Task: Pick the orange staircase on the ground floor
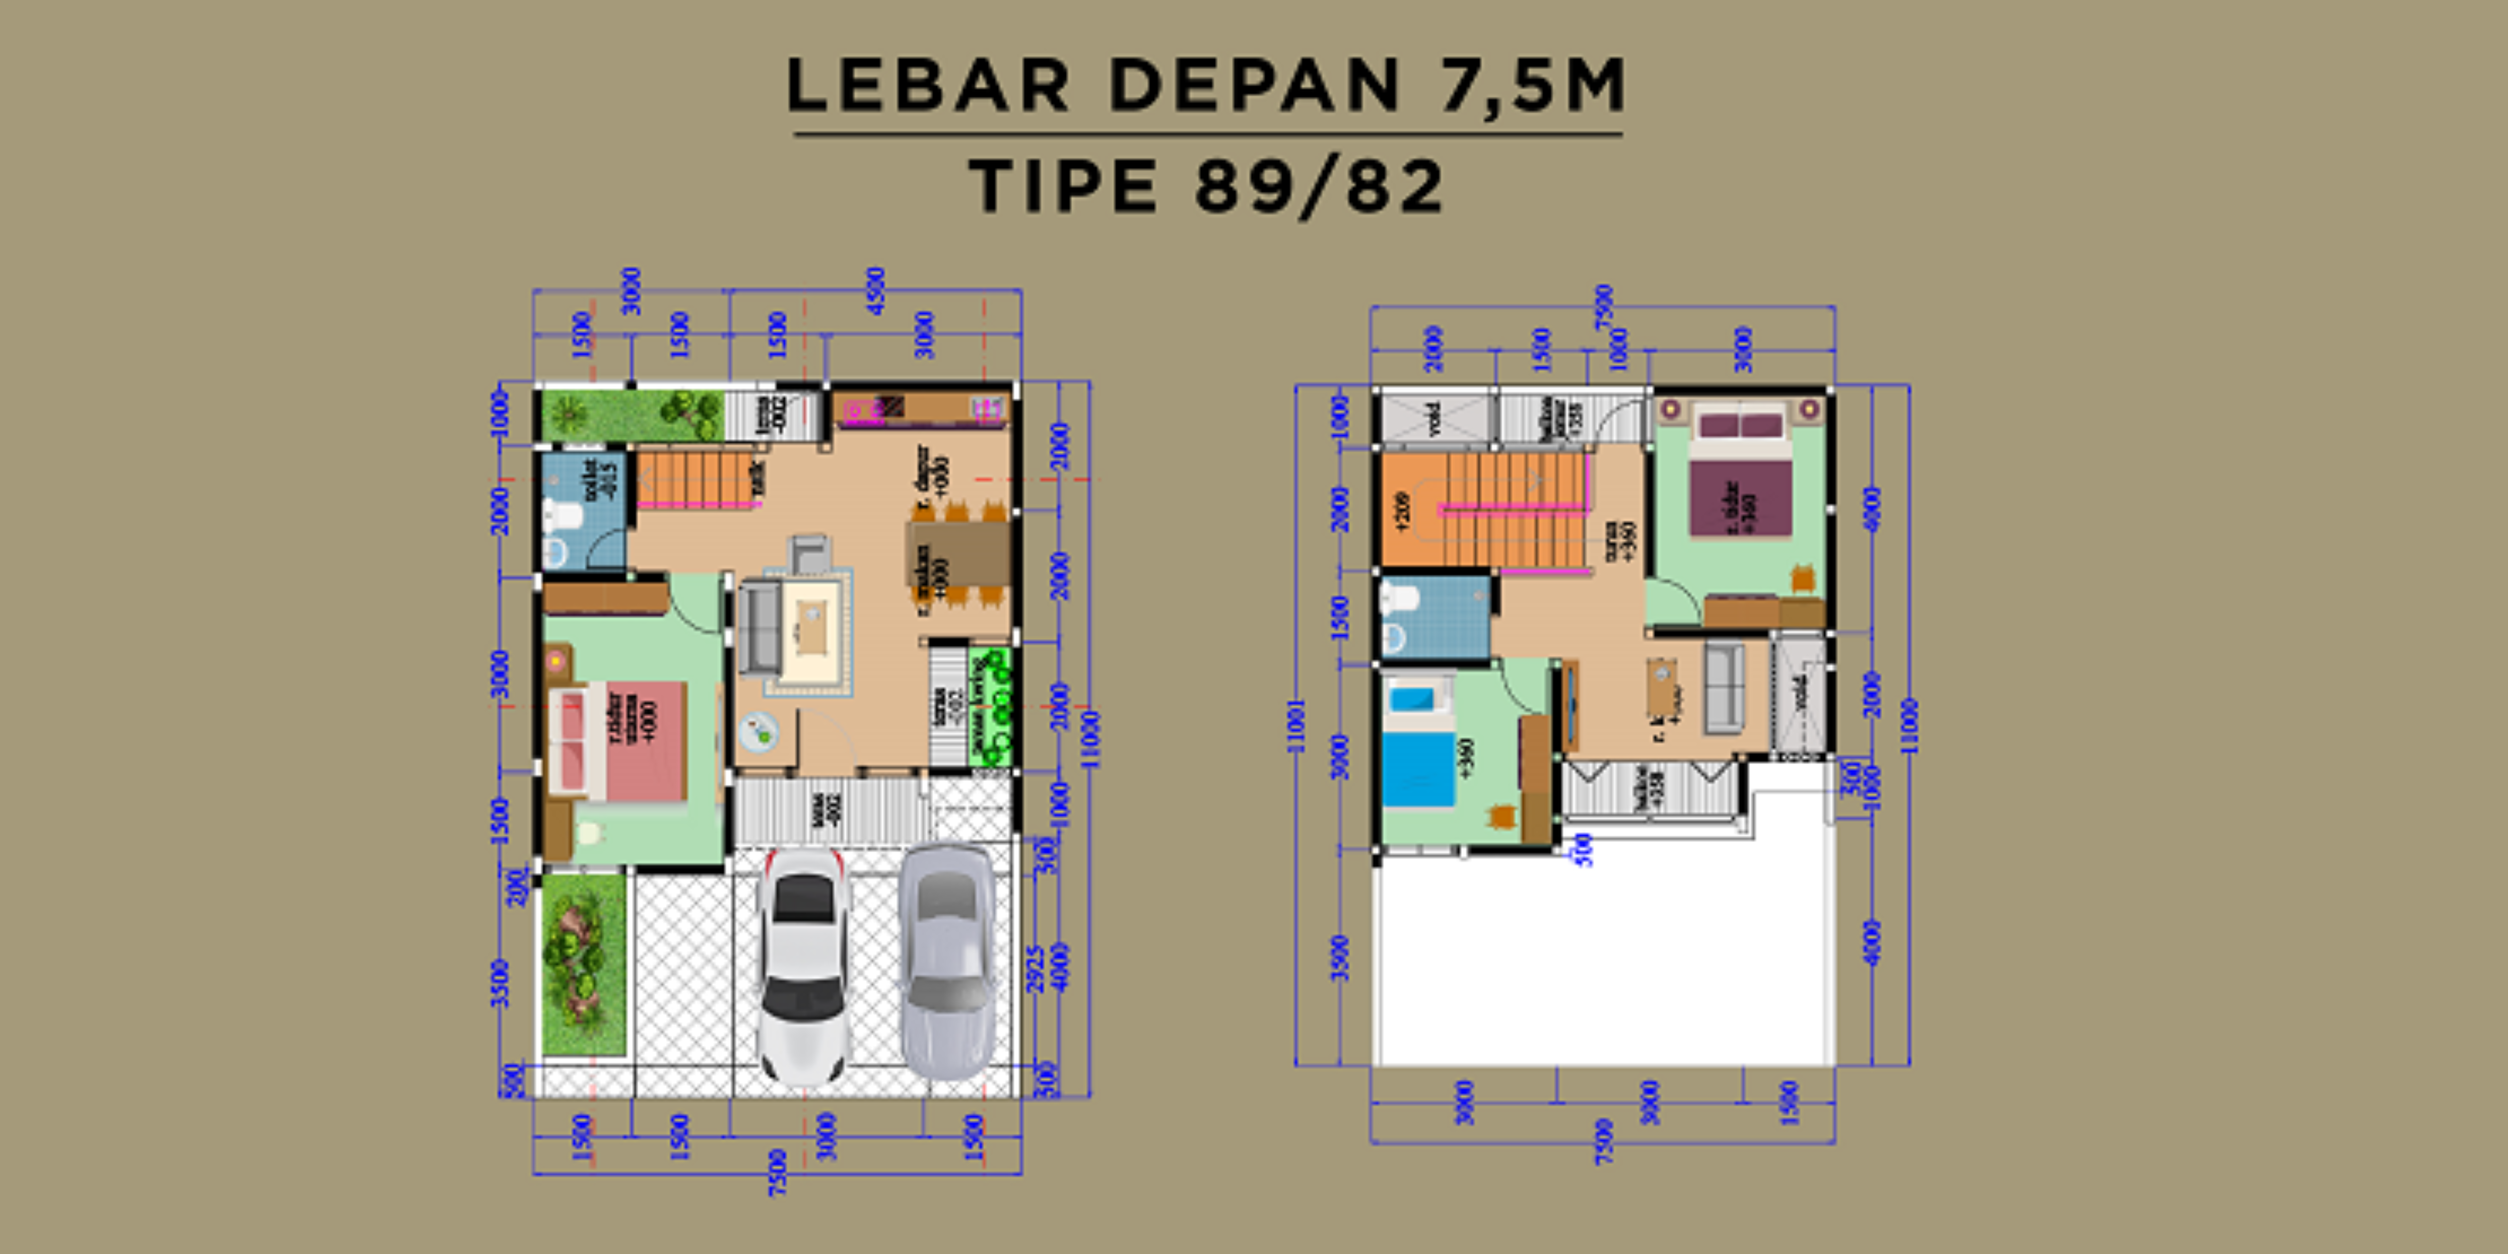[696, 477]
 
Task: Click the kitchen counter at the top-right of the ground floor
[920, 409]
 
